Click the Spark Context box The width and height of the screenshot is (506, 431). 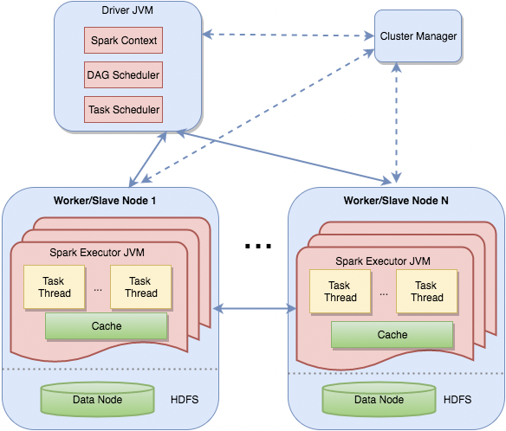point(123,41)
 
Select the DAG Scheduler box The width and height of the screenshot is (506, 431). point(123,74)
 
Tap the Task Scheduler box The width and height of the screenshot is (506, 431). point(123,109)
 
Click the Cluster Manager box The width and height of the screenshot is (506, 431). point(418,36)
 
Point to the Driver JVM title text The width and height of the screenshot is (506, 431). point(127,10)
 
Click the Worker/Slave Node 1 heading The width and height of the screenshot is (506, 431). point(105,201)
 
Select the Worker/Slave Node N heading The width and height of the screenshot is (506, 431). point(396,201)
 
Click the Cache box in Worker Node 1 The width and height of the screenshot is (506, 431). point(107,326)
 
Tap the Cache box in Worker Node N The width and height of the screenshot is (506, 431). point(392,335)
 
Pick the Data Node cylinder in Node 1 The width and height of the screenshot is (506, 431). point(97,399)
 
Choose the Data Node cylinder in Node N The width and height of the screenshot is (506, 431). point(379,399)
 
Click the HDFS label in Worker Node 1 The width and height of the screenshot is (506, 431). point(185,399)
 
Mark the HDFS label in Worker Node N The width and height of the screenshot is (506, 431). point(457,399)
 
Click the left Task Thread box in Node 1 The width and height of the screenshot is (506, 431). point(55,287)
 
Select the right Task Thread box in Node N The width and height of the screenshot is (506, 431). point(426,292)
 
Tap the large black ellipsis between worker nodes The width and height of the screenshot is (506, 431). point(258,247)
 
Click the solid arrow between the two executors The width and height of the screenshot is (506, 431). point(255,309)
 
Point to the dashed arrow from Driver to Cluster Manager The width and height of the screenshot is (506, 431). point(289,35)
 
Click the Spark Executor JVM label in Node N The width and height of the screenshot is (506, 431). point(383,261)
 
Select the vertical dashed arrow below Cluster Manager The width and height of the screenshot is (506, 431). point(396,123)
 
